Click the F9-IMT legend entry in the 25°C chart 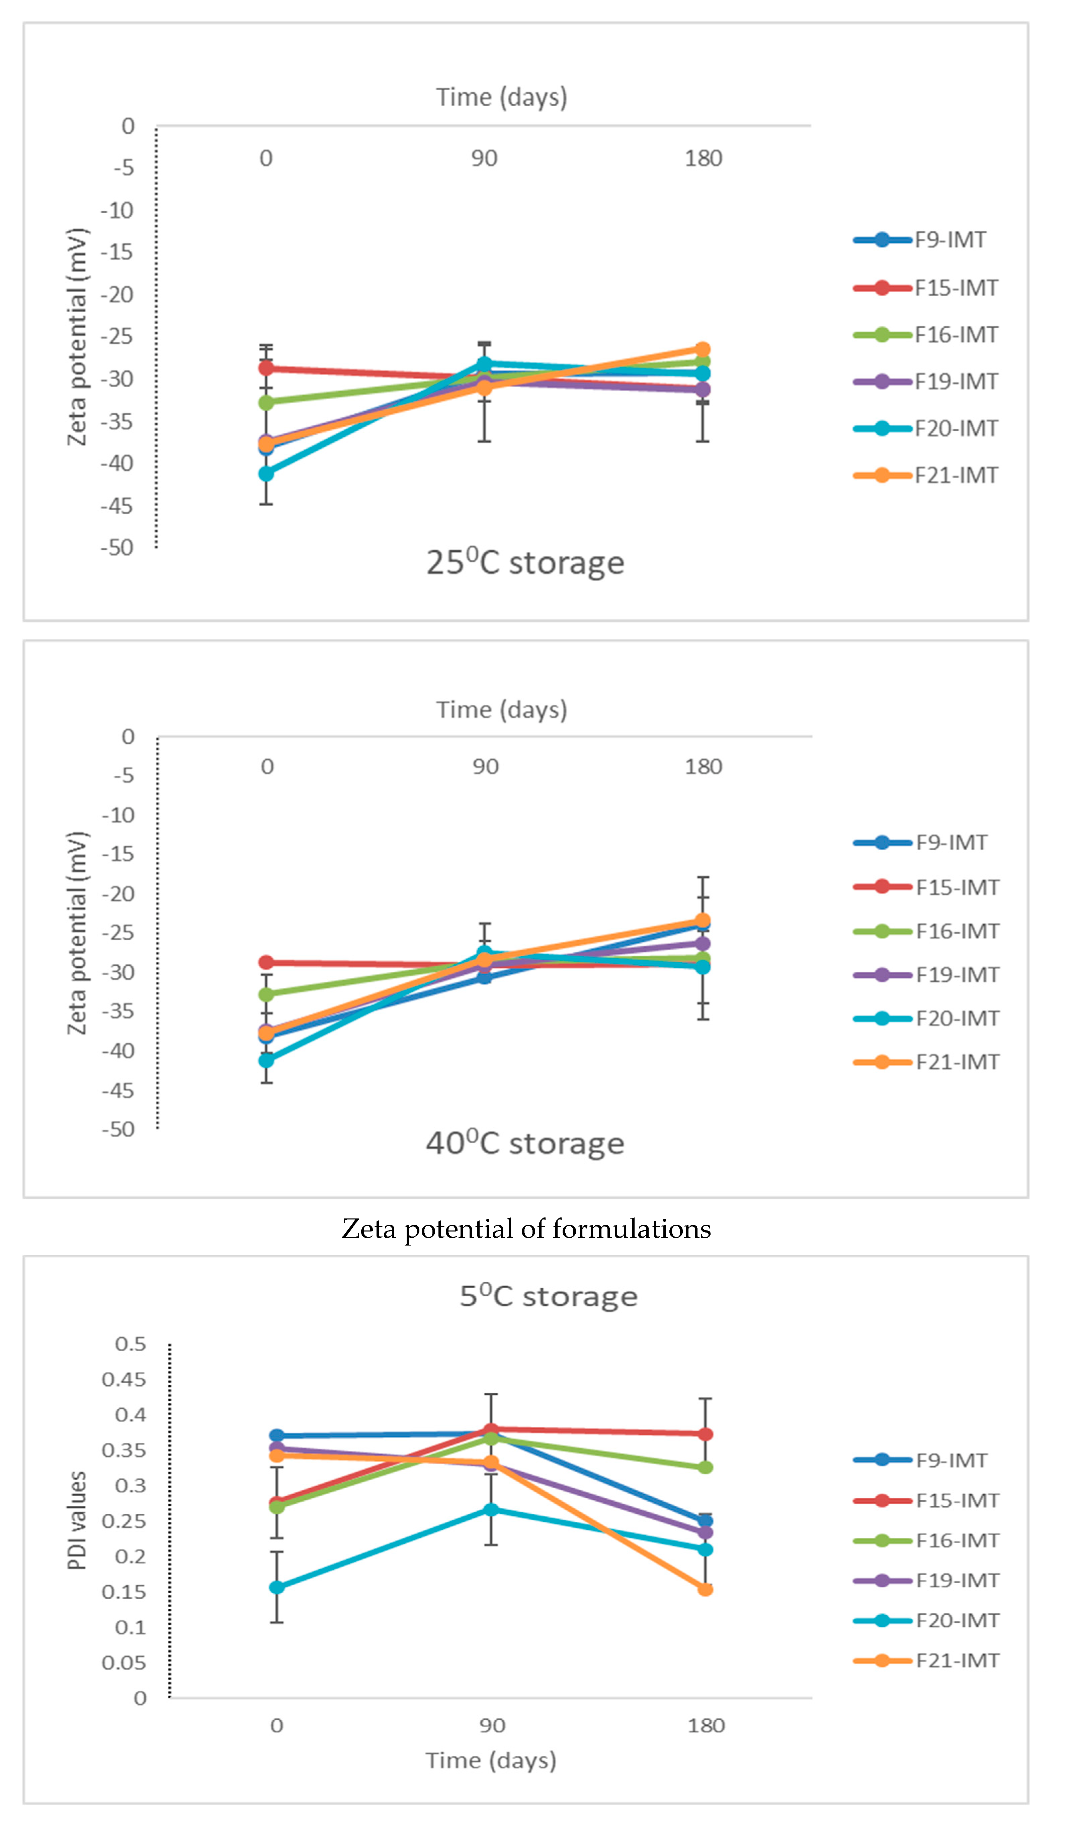point(920,240)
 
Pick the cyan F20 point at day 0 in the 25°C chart point(266,473)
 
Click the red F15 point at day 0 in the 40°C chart point(266,962)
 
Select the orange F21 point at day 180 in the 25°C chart point(703,349)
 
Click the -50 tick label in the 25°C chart point(117,548)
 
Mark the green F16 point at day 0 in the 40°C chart point(266,994)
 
